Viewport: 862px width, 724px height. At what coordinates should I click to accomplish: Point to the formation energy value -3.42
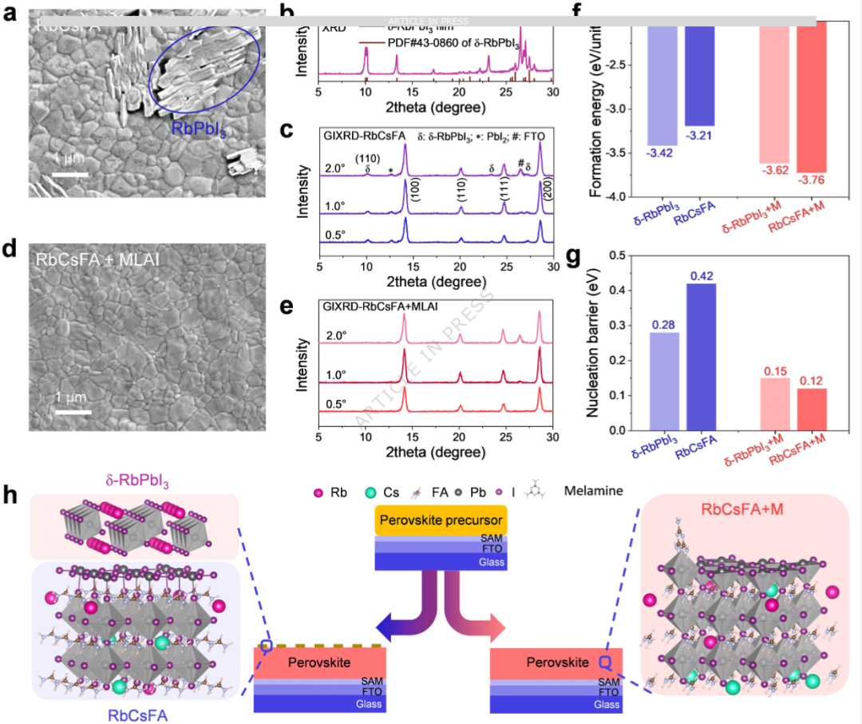click(662, 154)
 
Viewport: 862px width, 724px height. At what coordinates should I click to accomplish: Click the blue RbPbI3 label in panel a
click(198, 129)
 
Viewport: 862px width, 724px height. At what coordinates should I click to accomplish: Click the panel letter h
click(11, 496)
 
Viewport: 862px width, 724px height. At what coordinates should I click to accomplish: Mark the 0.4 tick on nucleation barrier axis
click(618, 291)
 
